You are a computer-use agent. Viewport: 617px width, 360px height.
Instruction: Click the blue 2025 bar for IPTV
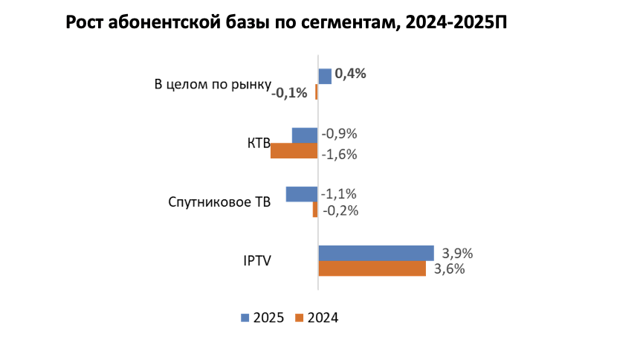tap(375, 253)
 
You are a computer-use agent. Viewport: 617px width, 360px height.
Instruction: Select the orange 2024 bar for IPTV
tap(372, 269)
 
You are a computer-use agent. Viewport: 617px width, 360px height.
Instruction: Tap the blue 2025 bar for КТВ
tap(305, 135)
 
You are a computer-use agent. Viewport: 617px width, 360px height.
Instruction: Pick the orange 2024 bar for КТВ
tap(294, 151)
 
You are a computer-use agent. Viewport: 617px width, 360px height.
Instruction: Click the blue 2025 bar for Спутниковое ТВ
tap(302, 194)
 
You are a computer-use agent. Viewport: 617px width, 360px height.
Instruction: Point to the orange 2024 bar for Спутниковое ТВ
tap(315, 210)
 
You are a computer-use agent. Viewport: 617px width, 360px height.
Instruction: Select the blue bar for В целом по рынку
tap(324, 76)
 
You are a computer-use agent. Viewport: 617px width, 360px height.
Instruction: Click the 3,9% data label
tap(457, 253)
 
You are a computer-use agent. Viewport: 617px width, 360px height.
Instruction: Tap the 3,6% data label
tap(449, 269)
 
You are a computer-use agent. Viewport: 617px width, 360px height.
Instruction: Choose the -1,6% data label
tap(339, 155)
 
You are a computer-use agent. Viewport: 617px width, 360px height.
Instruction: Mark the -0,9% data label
tap(339, 135)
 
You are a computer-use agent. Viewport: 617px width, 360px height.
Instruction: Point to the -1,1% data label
tap(339, 193)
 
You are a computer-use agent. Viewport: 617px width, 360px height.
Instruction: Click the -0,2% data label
tap(340, 210)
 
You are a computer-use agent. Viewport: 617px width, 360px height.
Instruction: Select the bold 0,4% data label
tap(350, 74)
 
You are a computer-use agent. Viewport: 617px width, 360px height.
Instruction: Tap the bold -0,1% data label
tap(290, 93)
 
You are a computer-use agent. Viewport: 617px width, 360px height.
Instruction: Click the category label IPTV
tap(258, 261)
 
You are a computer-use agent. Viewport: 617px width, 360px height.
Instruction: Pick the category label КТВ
tap(258, 144)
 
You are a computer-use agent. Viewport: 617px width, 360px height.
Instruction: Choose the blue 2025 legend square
tap(245, 318)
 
